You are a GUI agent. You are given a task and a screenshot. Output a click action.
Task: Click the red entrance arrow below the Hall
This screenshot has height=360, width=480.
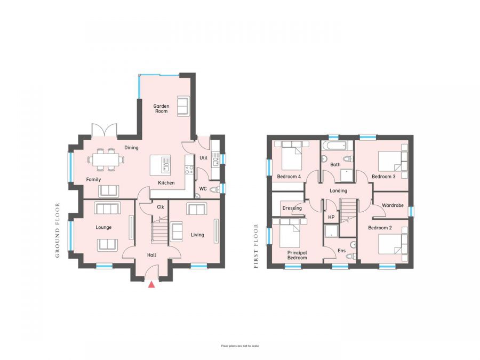click(x=152, y=284)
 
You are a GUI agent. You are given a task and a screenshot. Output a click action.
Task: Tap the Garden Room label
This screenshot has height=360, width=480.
click(x=161, y=108)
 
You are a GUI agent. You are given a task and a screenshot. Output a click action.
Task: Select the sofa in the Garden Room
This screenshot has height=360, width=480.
click(x=183, y=106)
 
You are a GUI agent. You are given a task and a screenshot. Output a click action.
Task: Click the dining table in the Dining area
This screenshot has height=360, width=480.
click(x=106, y=159)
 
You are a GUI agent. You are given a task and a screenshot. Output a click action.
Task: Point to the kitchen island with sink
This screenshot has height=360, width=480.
click(x=160, y=164)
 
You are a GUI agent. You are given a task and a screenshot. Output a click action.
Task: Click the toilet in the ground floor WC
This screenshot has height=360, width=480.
click(x=215, y=189)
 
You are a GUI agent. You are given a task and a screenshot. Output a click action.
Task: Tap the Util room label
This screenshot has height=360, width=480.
click(x=203, y=158)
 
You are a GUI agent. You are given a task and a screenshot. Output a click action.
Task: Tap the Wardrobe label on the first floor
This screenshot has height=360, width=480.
click(x=393, y=205)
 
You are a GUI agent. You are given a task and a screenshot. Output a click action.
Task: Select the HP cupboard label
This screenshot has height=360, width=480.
click(x=331, y=217)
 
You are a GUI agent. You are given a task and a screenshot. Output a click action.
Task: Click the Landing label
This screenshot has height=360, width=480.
click(x=338, y=190)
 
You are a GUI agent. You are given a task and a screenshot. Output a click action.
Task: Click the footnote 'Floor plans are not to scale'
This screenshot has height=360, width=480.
click(x=240, y=346)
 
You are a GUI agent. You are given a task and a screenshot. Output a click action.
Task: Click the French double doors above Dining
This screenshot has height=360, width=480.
click(x=104, y=131)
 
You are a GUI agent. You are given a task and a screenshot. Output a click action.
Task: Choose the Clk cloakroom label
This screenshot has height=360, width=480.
click(x=160, y=207)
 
